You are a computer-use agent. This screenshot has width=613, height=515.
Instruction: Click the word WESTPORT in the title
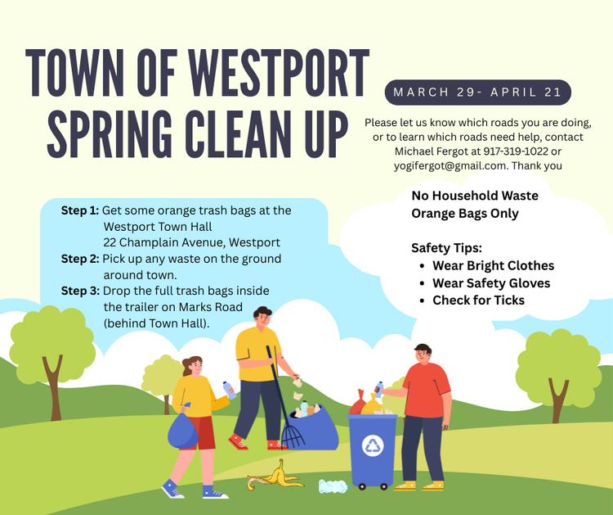point(279,73)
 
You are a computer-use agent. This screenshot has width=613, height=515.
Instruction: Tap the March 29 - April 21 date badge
point(478,93)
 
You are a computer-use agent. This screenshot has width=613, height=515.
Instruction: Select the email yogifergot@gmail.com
point(450,165)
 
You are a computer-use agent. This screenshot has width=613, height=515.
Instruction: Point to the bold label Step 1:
point(80,210)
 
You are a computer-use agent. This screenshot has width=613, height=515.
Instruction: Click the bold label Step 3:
point(80,291)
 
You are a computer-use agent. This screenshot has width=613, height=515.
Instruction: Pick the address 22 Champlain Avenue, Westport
point(191,242)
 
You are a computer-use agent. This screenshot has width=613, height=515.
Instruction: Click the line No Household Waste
point(475,196)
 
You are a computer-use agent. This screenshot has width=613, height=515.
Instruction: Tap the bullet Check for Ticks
point(478,300)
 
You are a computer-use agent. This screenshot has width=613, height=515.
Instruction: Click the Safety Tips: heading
point(446,248)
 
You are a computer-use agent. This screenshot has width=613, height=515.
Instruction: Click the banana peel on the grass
point(275,475)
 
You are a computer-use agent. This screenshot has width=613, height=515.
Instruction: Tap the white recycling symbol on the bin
point(373,445)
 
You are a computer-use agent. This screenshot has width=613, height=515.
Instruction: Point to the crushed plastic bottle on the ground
point(333,486)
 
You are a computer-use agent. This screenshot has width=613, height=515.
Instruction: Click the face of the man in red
point(423,356)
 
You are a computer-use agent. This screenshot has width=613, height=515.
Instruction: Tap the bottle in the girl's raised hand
point(229,390)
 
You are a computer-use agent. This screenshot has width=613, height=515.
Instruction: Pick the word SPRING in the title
point(109,133)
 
